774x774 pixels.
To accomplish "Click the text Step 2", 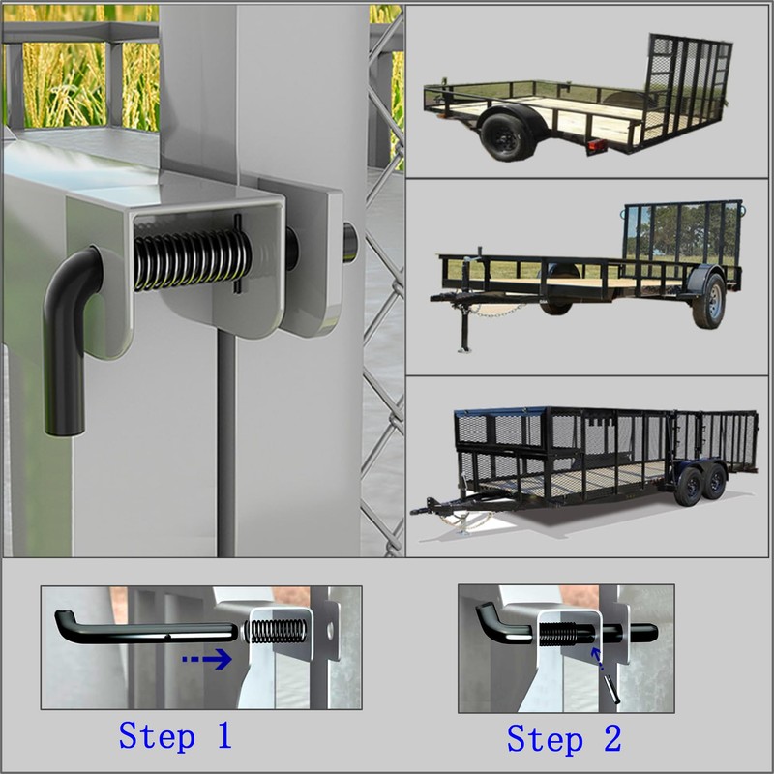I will point(564,740).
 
